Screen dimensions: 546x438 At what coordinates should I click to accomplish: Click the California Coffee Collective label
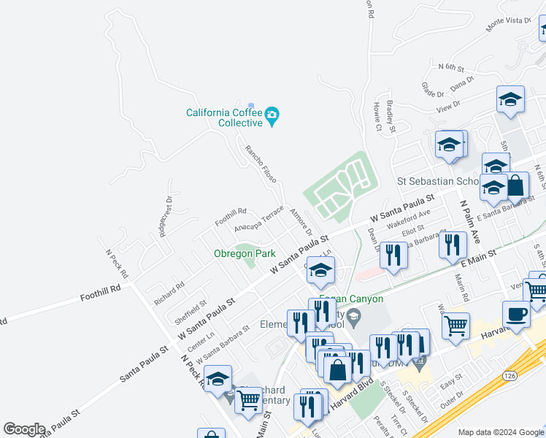point(225,118)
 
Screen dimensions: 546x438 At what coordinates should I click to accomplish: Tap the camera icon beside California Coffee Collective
point(272,115)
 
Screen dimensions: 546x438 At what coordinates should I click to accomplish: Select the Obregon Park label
point(245,253)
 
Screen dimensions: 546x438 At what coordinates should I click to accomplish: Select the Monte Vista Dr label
point(508,23)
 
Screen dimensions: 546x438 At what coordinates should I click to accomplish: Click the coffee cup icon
point(517,315)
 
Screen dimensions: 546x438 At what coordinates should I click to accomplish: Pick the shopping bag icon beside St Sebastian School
point(515,186)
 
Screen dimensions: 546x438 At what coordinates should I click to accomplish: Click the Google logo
point(23,429)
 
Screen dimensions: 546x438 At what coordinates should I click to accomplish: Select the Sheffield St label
point(191,311)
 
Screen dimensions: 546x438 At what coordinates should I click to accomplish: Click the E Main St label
point(478,259)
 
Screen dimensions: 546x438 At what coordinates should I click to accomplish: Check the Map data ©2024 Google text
point(500,432)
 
